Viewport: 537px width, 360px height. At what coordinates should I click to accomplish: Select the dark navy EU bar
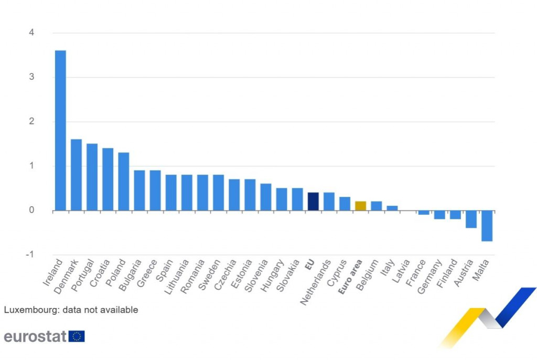[x=313, y=202]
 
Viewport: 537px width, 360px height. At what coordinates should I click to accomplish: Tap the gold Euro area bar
[x=361, y=206]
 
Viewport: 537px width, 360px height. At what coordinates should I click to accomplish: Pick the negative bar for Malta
[x=487, y=226]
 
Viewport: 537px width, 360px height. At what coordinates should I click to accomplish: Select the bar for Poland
[x=124, y=182]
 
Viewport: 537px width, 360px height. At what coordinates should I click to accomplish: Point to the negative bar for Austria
[x=471, y=219]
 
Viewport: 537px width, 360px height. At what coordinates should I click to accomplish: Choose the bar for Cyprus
[x=345, y=204]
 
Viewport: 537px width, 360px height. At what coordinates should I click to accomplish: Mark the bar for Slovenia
[x=266, y=197]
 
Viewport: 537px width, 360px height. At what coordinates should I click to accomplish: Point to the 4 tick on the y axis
[x=31, y=33]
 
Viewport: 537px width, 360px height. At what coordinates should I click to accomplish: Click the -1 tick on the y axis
[x=30, y=255]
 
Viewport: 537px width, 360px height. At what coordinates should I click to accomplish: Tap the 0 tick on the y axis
[x=31, y=210]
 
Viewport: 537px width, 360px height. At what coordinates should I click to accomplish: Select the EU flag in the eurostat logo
[x=77, y=336]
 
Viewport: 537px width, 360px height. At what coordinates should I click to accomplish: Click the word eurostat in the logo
[x=35, y=336]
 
